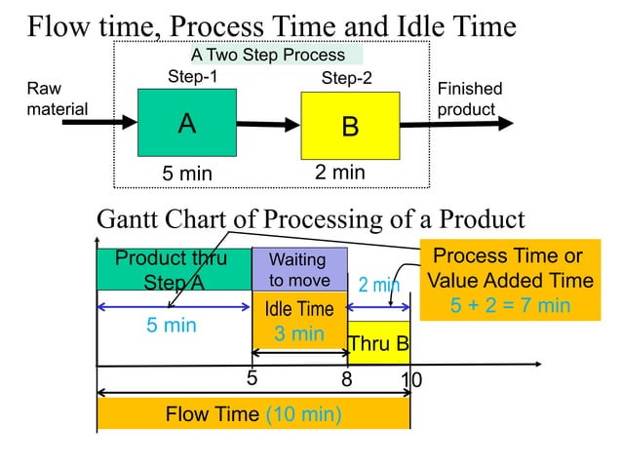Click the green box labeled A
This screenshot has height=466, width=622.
(x=186, y=123)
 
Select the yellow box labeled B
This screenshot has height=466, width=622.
(x=350, y=126)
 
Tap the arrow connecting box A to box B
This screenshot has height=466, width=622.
(x=267, y=125)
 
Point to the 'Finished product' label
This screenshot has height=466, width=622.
(x=469, y=98)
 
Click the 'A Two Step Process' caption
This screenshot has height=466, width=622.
(x=267, y=56)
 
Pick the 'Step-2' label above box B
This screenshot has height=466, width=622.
(x=346, y=78)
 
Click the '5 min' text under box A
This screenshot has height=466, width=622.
(x=186, y=174)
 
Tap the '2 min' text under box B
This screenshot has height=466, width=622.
(x=339, y=173)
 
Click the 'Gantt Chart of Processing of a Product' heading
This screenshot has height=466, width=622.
(x=310, y=219)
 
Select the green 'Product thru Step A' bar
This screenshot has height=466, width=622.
(x=173, y=269)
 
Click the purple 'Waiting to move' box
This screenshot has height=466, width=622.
(x=299, y=269)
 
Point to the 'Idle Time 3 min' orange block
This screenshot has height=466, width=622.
(x=299, y=322)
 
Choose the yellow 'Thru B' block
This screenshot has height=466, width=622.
(x=379, y=343)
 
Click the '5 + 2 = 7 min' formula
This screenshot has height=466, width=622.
(x=510, y=305)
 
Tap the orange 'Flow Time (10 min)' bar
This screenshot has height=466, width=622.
(x=253, y=414)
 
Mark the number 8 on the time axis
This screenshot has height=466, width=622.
(x=346, y=379)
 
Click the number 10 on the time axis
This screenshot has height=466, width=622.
(x=411, y=379)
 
